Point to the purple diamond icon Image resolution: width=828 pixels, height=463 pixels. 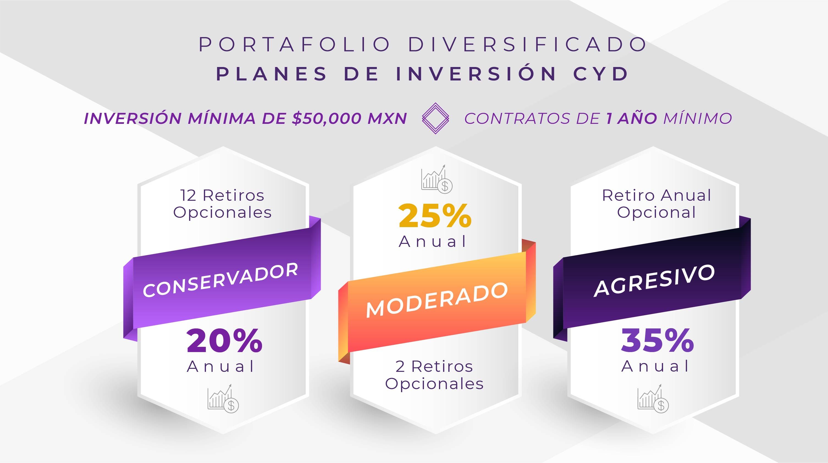coord(435,118)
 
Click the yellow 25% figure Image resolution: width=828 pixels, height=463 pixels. coord(435,216)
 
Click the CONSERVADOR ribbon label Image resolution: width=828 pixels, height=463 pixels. coord(220,280)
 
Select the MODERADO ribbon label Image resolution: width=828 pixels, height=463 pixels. coord(437,300)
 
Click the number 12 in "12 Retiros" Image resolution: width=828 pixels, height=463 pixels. coord(188,196)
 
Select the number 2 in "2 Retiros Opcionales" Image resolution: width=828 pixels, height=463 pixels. coord(400,367)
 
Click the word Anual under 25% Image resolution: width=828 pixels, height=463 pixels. coord(432,241)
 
